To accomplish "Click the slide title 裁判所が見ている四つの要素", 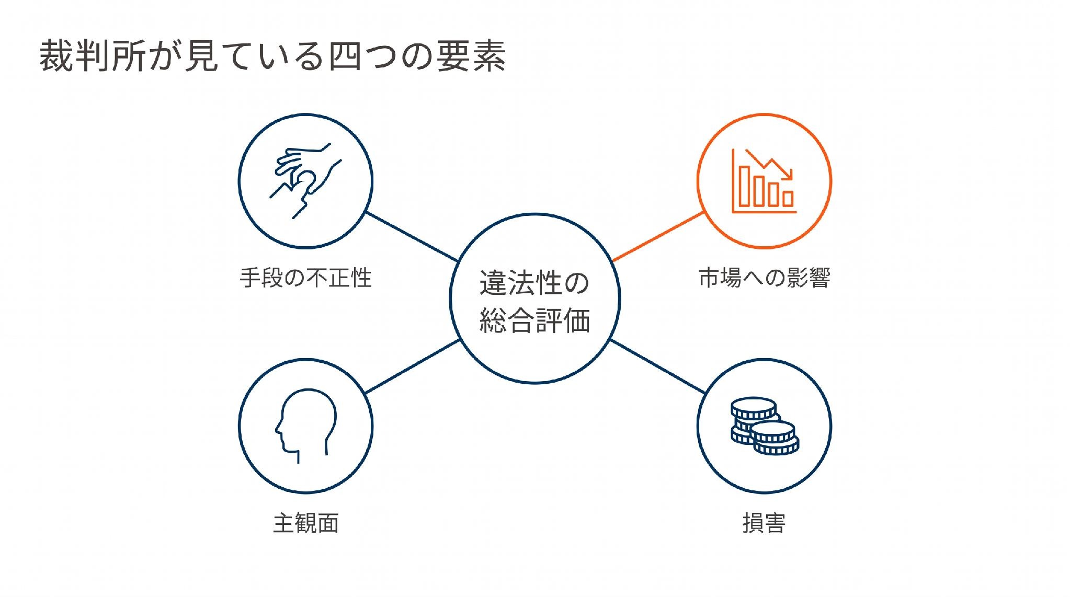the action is (x=272, y=55).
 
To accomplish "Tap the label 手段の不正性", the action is (x=305, y=278).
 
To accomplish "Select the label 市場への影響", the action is (x=764, y=278).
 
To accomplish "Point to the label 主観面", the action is (x=306, y=523).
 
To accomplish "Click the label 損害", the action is (x=764, y=523).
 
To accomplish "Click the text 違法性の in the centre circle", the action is (x=534, y=283).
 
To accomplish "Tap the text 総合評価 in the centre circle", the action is (x=534, y=320).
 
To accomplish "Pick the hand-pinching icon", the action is (x=305, y=180).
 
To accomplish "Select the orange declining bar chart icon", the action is (x=764, y=181).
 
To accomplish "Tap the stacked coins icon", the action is (x=765, y=426).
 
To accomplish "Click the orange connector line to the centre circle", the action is (x=657, y=236).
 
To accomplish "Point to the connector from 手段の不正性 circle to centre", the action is (x=412, y=236).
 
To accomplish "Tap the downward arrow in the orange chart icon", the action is (x=770, y=165).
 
